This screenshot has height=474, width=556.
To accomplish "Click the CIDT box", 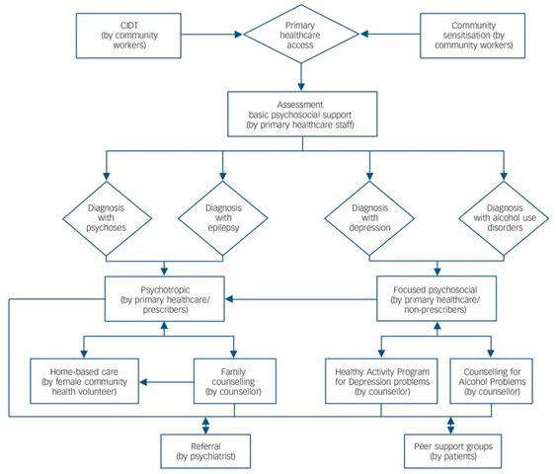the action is (x=128, y=36).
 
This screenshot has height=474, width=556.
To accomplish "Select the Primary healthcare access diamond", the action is (x=301, y=34).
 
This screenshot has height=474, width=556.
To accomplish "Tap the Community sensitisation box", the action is (x=472, y=36).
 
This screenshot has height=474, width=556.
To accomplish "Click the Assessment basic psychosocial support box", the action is (x=302, y=115).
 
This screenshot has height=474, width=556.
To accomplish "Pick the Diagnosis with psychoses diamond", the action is (x=107, y=218).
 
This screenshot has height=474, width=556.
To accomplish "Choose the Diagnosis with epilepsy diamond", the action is (x=222, y=218).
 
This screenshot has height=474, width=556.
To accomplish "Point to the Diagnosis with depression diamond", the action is (x=369, y=218).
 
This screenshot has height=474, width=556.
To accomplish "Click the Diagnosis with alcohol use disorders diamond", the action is (x=504, y=218).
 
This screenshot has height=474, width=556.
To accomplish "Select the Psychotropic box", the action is (x=165, y=299).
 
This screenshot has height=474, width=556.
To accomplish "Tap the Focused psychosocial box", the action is (x=437, y=299).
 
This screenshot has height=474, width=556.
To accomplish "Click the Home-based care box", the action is (x=84, y=381).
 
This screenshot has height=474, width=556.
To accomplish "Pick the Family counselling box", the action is (x=235, y=381).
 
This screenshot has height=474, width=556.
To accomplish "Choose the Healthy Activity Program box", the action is (x=381, y=381).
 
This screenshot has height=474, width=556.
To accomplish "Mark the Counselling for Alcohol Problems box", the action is (x=491, y=381).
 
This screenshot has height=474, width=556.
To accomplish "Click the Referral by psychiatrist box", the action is (x=205, y=451).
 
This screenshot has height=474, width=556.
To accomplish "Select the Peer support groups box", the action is (x=453, y=451).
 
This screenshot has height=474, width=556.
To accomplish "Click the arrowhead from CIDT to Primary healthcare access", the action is (x=238, y=35).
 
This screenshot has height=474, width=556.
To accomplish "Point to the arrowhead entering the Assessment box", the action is (x=301, y=87).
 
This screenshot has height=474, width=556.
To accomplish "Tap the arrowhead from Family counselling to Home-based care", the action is (x=143, y=382).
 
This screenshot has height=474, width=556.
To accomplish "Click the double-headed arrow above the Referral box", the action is (x=205, y=426).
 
